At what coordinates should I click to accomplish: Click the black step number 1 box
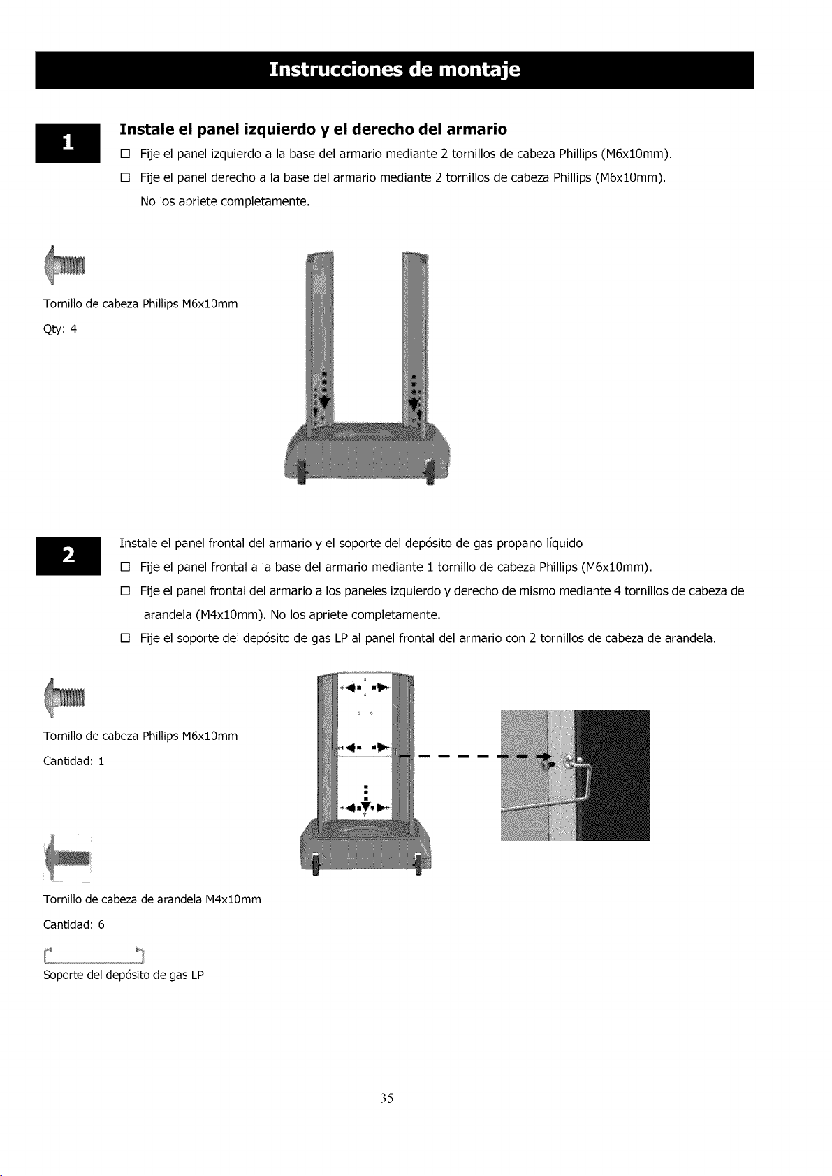point(68,143)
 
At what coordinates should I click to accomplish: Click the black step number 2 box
point(68,556)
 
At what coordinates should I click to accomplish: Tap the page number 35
point(387,1098)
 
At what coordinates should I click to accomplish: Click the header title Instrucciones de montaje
point(395,70)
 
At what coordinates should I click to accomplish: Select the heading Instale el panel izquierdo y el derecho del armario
point(314,129)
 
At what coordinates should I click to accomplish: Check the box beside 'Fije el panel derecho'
point(125,177)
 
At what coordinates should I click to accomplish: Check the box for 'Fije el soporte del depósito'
point(125,639)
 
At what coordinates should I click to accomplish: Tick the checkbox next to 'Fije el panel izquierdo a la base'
point(125,154)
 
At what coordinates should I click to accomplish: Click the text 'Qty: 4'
point(60,330)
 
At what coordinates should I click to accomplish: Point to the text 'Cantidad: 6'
point(74,924)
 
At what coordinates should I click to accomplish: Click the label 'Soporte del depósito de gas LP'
point(124,975)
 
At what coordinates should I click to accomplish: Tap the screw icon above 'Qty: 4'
point(64,265)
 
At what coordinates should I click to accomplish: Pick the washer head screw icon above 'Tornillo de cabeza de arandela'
point(67,858)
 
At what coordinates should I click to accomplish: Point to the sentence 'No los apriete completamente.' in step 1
point(225,202)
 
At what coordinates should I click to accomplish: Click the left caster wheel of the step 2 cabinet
point(316,864)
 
